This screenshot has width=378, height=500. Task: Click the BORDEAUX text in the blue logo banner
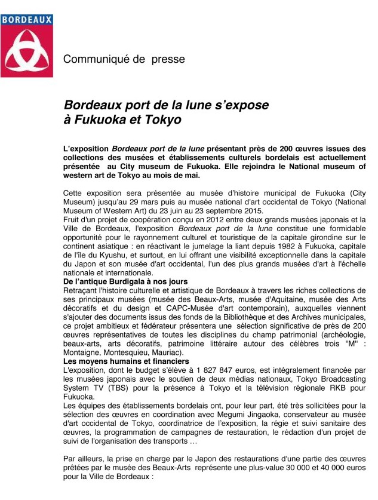click(x=26, y=20)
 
